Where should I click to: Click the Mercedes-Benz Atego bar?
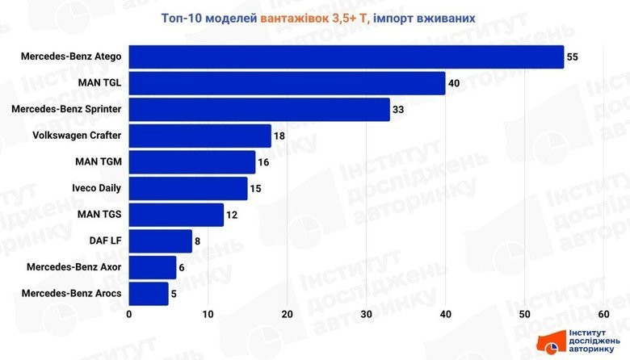(x=346, y=57)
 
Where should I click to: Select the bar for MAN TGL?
(x=287, y=83)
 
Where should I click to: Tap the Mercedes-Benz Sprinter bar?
(x=259, y=110)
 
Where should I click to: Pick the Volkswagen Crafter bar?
(x=199, y=136)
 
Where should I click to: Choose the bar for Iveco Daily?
(x=188, y=189)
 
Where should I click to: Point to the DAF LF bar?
(x=161, y=241)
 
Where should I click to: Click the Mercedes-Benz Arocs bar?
(x=149, y=294)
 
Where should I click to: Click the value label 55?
(x=573, y=57)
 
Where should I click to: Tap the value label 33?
(x=399, y=110)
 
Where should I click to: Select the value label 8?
(x=199, y=241)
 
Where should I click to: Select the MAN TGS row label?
(x=99, y=215)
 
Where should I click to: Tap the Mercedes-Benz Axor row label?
(x=73, y=267)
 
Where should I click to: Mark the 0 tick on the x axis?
(x=129, y=315)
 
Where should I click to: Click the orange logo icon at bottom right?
(x=552, y=342)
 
